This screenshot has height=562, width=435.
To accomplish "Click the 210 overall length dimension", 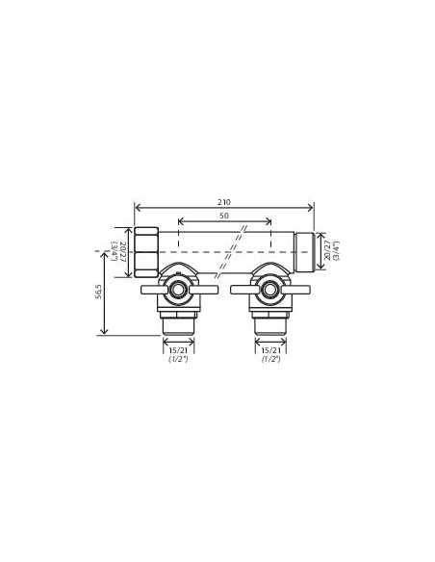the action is tap(224, 202).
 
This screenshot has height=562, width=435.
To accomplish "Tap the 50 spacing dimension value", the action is tap(224, 216).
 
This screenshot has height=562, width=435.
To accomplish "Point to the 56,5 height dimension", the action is tap(99, 292).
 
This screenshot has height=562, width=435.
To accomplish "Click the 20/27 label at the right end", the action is tap(327, 251).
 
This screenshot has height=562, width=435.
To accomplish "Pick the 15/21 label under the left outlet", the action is tap(178, 350).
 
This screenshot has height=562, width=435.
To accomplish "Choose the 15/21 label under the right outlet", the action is tap(270, 350).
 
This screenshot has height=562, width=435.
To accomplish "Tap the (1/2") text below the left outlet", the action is tap(178, 359).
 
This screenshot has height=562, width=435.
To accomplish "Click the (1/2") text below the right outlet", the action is tap(270, 359).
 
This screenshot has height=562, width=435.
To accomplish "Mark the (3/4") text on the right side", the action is tap(336, 251).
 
